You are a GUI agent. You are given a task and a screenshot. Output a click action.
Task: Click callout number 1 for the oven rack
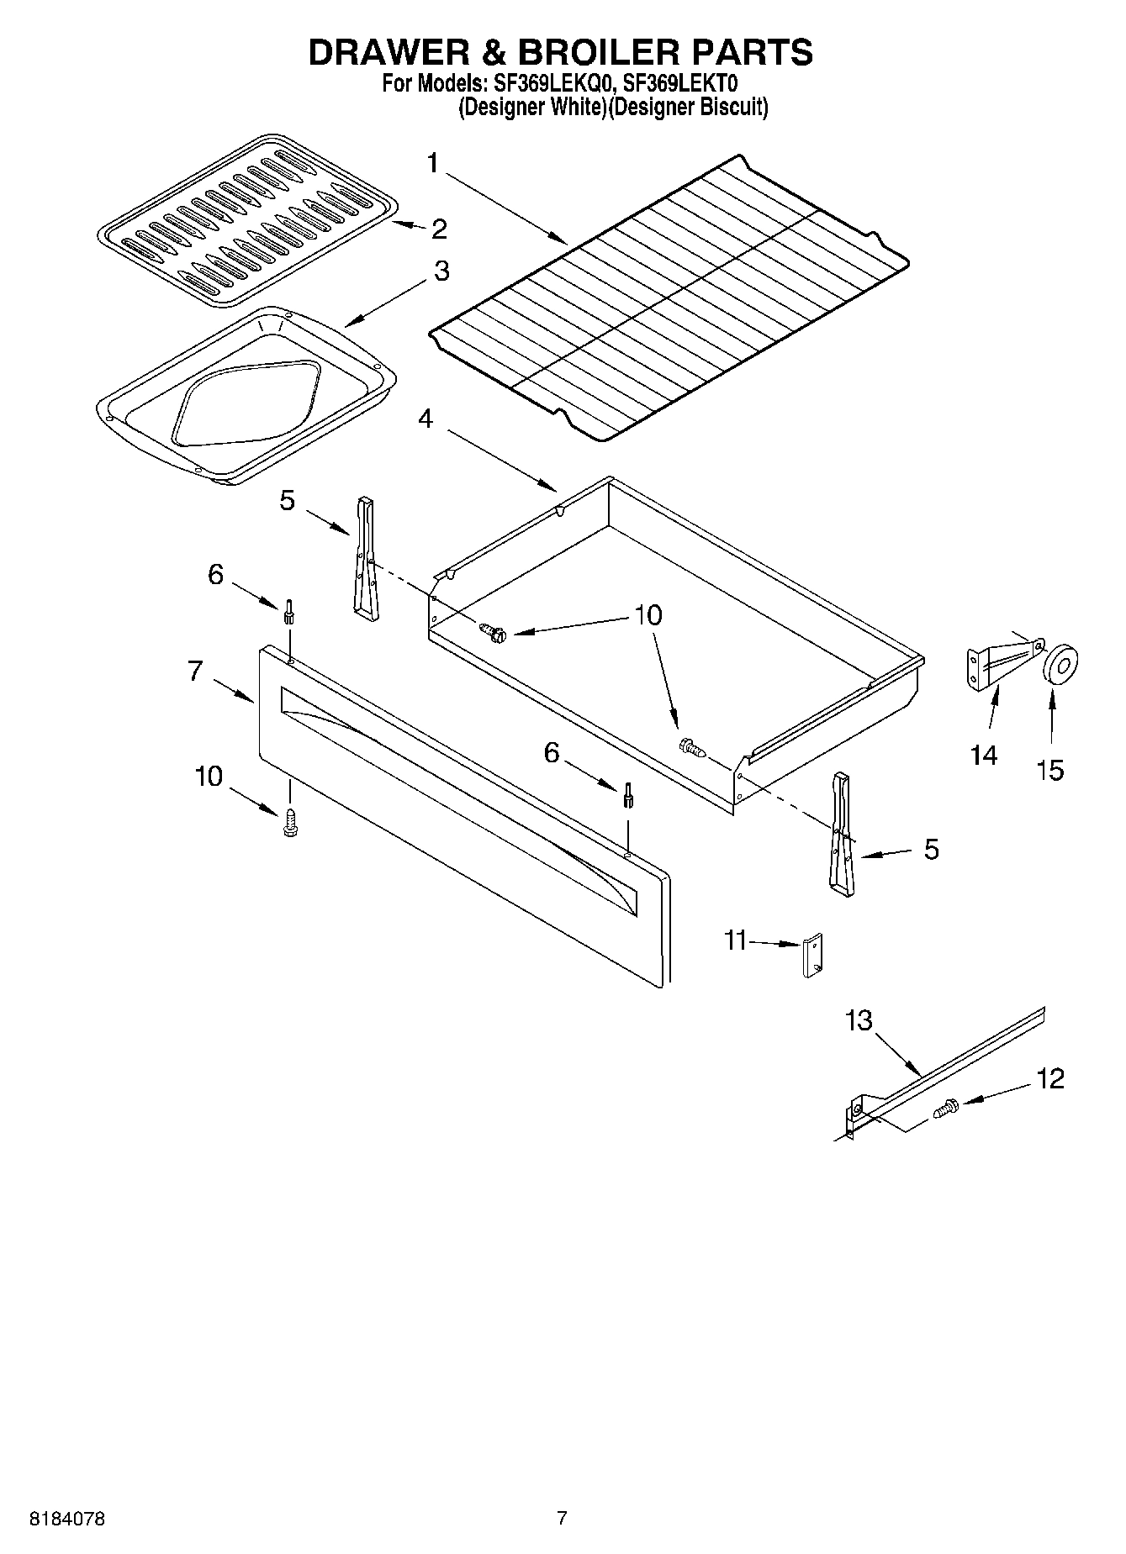tap(432, 162)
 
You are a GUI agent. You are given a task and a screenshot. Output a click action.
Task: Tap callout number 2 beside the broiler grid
tap(439, 229)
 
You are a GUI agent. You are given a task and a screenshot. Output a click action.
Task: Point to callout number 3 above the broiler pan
tap(441, 271)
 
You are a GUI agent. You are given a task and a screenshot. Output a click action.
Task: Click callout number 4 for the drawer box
tap(426, 418)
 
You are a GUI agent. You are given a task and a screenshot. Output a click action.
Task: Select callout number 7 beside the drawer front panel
tap(195, 671)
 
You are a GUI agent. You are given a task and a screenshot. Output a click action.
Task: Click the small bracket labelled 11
tap(812, 955)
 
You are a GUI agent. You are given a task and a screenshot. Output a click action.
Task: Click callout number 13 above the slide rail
tap(859, 1020)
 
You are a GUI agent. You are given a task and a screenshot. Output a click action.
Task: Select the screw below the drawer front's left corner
tap(291, 824)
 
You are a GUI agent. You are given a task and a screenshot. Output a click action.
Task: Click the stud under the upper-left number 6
tap(289, 611)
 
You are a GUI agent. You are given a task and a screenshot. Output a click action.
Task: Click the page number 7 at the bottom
tap(562, 1517)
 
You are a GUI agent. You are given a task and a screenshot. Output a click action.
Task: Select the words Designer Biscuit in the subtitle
tap(687, 107)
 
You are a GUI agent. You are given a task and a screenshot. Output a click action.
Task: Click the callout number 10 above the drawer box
tap(648, 615)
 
